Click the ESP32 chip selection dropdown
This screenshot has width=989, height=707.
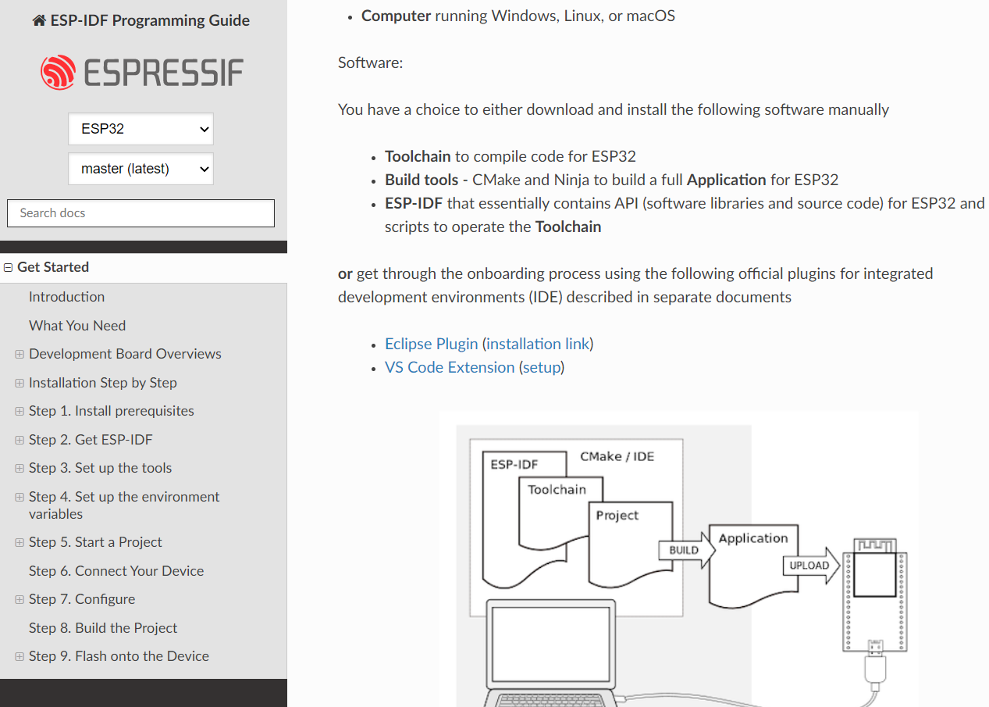(141, 129)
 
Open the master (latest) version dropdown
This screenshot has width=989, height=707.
(141, 169)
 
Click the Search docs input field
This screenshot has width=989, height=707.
(141, 213)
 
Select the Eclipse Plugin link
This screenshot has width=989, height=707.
(431, 344)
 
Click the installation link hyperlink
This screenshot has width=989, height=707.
(538, 344)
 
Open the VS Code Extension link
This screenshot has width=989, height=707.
(450, 367)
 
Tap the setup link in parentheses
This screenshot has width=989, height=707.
(541, 367)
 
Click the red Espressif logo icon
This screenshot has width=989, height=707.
(59, 73)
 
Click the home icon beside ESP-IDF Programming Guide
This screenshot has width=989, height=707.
(39, 21)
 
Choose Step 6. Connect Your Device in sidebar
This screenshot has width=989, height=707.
(116, 571)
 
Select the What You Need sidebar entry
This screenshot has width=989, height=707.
(77, 326)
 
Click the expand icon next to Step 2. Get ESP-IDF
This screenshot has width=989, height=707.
(20, 441)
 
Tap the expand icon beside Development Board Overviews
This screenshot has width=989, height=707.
(20, 355)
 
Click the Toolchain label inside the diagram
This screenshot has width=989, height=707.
(557, 490)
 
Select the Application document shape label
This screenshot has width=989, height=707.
(753, 538)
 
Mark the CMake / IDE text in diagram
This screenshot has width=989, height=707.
(617, 456)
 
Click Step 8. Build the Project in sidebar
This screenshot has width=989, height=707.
(103, 628)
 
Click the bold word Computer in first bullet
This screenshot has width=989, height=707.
(396, 16)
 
